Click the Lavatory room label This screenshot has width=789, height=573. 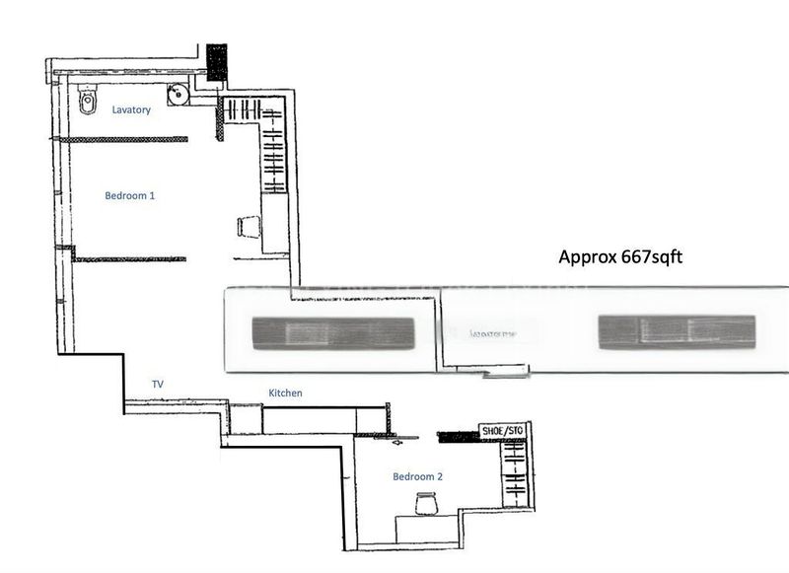tap(131, 110)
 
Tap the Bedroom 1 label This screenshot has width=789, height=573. tap(130, 196)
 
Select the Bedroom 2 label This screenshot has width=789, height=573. tap(418, 477)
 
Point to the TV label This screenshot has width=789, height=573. tap(157, 383)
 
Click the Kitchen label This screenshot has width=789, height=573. tap(285, 394)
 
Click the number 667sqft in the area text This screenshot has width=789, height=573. tap(652, 257)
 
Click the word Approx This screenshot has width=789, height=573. tap(588, 257)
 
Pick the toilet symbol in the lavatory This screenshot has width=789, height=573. tap(87, 100)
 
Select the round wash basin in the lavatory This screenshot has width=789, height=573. tap(178, 95)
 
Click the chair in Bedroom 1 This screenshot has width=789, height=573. tap(249, 227)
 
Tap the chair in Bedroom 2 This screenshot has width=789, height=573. tap(426, 504)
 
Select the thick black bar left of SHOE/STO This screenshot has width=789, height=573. tap(457, 434)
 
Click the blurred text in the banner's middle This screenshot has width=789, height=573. tap(494, 333)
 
